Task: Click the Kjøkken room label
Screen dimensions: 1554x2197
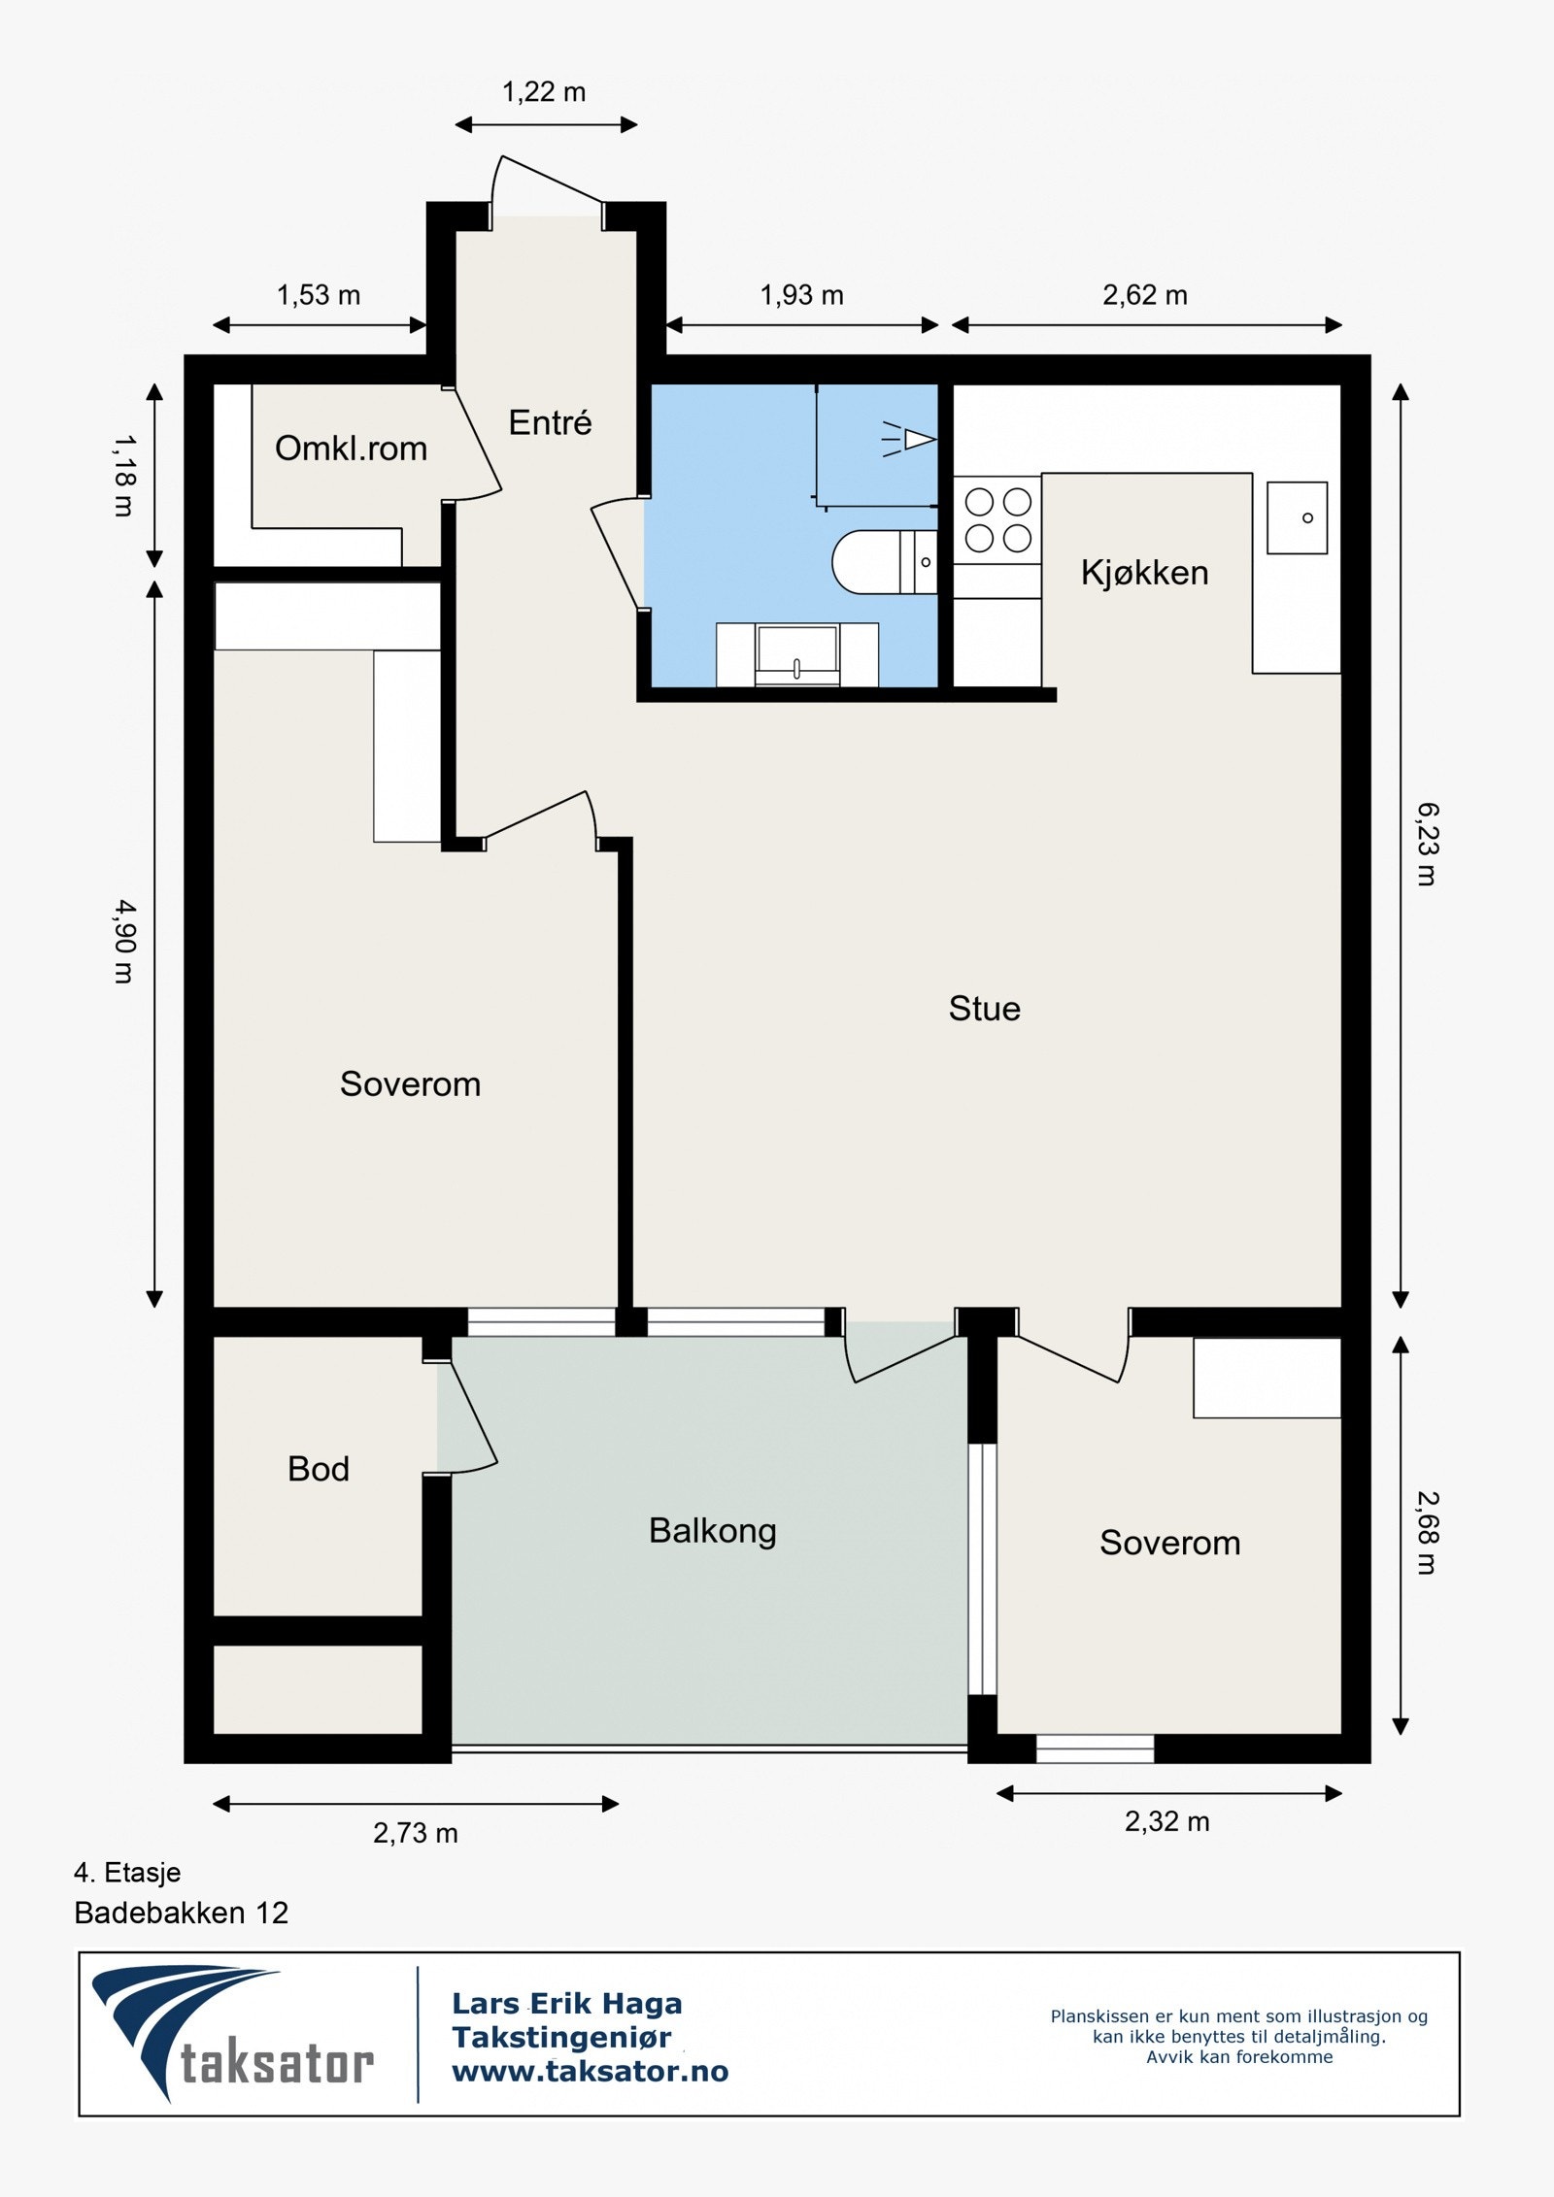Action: coord(1144,573)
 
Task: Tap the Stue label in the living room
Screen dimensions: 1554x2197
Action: coord(984,1009)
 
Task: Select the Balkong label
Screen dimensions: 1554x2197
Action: coord(712,1532)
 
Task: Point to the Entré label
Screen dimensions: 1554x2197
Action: coord(550,422)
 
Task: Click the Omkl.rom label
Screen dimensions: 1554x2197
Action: coord(351,448)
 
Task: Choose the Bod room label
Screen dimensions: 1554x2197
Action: coord(318,1469)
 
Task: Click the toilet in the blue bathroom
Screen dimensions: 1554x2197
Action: coord(884,562)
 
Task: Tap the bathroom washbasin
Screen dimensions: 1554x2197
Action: coord(796,654)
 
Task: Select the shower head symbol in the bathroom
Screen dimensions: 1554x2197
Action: coord(909,440)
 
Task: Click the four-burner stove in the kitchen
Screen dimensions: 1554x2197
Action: coord(997,519)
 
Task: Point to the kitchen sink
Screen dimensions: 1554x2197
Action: coord(1297,517)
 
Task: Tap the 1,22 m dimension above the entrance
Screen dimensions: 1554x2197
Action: coord(544,92)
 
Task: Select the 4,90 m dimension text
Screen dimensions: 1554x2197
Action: coord(124,941)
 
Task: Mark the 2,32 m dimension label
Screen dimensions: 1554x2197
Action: coord(1167,1822)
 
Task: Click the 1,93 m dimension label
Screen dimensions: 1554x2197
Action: coord(801,295)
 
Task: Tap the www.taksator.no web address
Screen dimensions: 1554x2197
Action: coord(591,2072)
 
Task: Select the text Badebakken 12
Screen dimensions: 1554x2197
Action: coord(182,1913)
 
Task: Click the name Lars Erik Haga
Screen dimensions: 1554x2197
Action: coord(567,2003)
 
